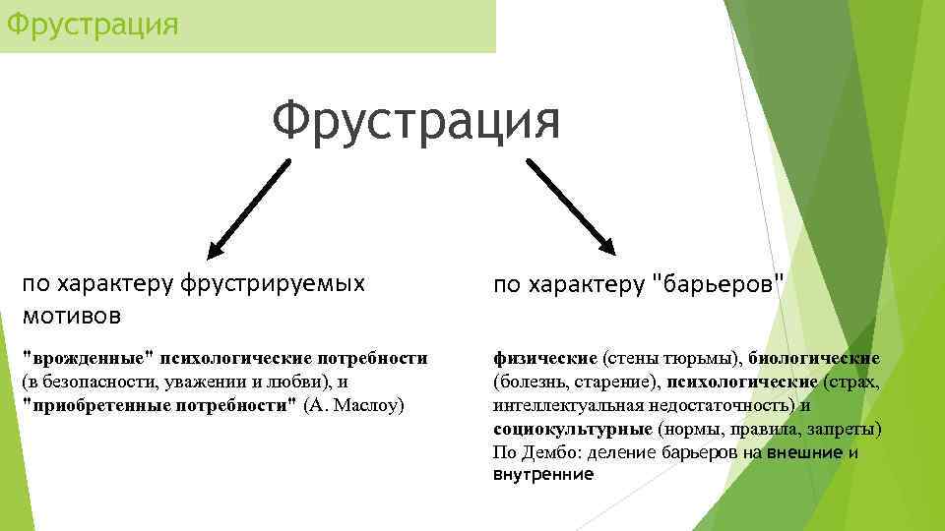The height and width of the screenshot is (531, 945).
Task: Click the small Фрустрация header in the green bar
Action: (x=93, y=23)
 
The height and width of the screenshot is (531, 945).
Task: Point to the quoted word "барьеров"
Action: (x=720, y=285)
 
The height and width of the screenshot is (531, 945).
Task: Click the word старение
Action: (x=618, y=382)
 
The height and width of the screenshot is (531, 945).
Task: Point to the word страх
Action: (x=855, y=382)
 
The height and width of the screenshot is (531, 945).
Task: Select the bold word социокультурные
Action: (x=572, y=429)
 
